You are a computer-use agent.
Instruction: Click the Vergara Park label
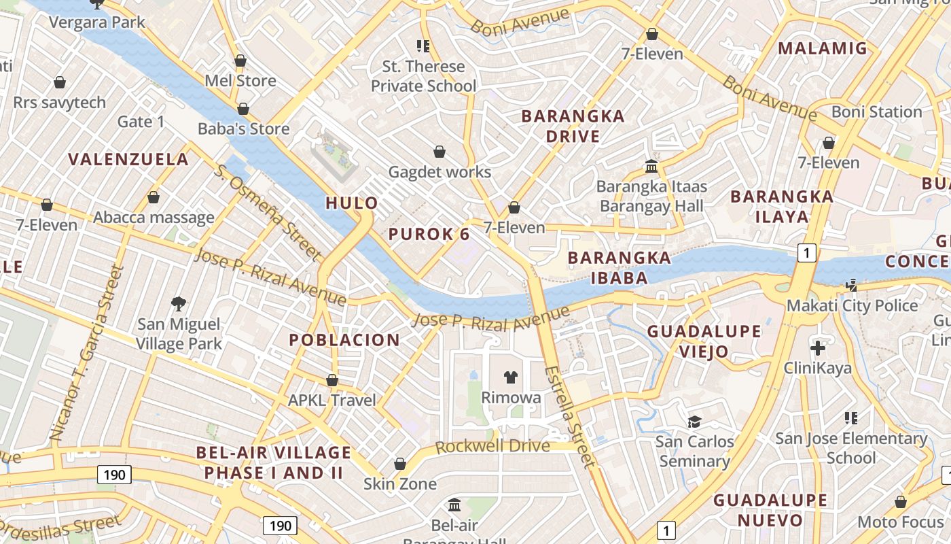click(96, 22)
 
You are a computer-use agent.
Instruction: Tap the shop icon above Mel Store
click(240, 61)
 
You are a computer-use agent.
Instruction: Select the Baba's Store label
click(243, 129)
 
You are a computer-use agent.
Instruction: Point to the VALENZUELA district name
click(128, 160)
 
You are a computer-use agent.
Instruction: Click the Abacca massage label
click(154, 218)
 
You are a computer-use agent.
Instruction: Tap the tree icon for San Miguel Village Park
click(179, 303)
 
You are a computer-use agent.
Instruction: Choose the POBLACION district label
click(344, 340)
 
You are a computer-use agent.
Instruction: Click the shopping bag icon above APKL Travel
click(332, 380)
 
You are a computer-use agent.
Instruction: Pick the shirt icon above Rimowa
click(511, 377)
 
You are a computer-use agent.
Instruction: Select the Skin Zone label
click(399, 484)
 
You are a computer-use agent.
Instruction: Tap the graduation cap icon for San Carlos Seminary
click(694, 422)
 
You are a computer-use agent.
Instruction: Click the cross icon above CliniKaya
click(818, 349)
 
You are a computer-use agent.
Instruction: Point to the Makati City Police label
click(852, 306)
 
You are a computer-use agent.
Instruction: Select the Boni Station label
click(876, 112)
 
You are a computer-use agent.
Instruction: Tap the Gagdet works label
click(439, 172)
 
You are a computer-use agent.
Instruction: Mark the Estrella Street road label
click(569, 417)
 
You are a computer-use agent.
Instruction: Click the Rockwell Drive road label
click(492, 447)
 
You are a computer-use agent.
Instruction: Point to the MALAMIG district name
click(823, 48)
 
